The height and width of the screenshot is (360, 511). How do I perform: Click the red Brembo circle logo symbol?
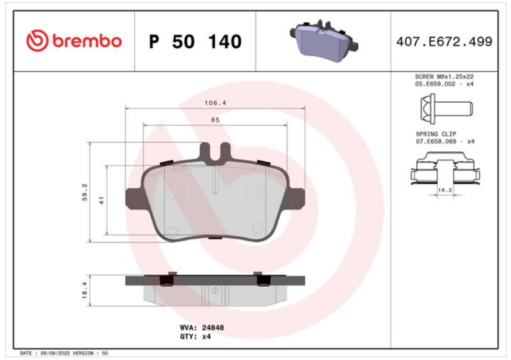pos(37,41)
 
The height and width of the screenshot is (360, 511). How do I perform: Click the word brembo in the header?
pos(87,41)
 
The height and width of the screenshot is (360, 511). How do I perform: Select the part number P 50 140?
pos(195,41)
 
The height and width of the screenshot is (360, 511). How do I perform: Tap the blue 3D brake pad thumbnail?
pos(324,41)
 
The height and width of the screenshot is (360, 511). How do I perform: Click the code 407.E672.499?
pos(444,41)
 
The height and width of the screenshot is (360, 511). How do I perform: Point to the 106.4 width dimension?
pos(215,103)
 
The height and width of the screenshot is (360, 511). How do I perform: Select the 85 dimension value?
pos(215,120)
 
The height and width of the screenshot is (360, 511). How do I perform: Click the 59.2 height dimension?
pos(84,192)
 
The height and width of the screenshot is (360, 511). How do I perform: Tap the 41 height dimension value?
pos(102,200)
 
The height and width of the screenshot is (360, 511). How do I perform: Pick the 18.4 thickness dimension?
pos(84,290)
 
